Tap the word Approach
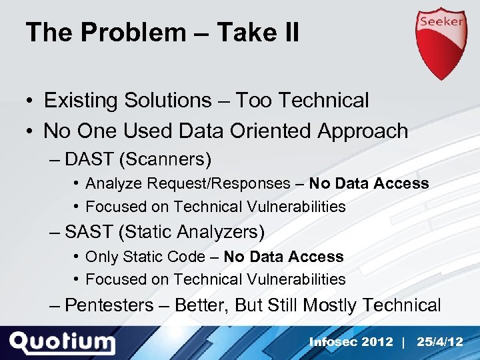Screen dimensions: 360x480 click(x=363, y=131)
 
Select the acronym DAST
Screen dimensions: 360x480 click(x=89, y=159)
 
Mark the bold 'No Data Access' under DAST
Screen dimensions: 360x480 click(x=369, y=183)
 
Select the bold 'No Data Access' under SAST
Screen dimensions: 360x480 click(x=283, y=257)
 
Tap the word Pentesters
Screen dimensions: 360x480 click(x=109, y=305)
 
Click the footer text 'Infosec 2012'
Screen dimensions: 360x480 click(x=351, y=342)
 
